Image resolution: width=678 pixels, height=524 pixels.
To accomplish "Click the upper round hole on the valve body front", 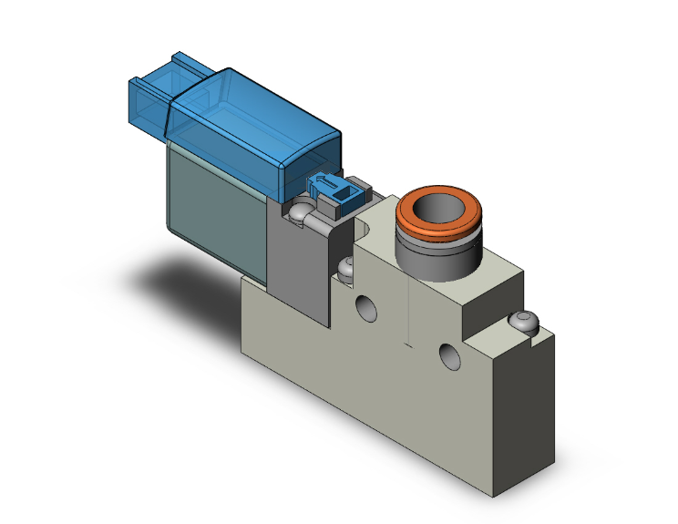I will click(x=366, y=308).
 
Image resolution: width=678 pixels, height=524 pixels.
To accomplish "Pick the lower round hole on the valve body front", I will click(x=448, y=354).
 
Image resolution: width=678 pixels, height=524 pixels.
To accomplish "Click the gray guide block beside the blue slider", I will click(x=359, y=192).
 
